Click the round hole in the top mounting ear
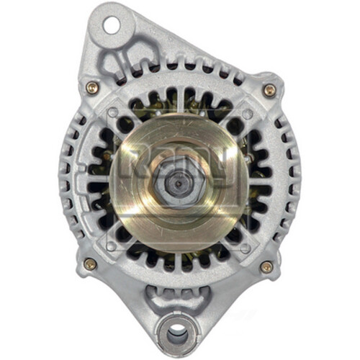pyautogui.click(x=110, y=26)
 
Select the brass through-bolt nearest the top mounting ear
pyautogui.click(x=92, y=87)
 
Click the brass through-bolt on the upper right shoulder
pyautogui.click(x=269, y=90)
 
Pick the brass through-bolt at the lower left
pyautogui.click(x=90, y=264)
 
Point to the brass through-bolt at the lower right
pyautogui.click(x=266, y=266)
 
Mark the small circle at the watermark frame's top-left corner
pyautogui.click(x=113, y=114)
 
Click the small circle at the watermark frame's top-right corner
pyautogui.click(x=247, y=114)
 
